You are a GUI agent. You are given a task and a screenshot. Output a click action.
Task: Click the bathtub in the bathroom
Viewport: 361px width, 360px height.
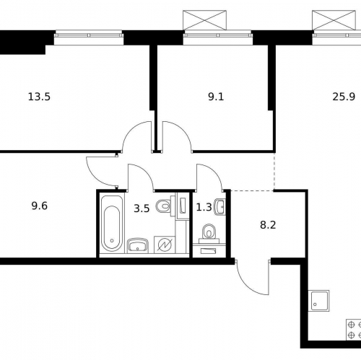click(x=111, y=221)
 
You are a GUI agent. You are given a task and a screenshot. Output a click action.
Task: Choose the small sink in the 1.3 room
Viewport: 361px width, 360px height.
click(x=220, y=208)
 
